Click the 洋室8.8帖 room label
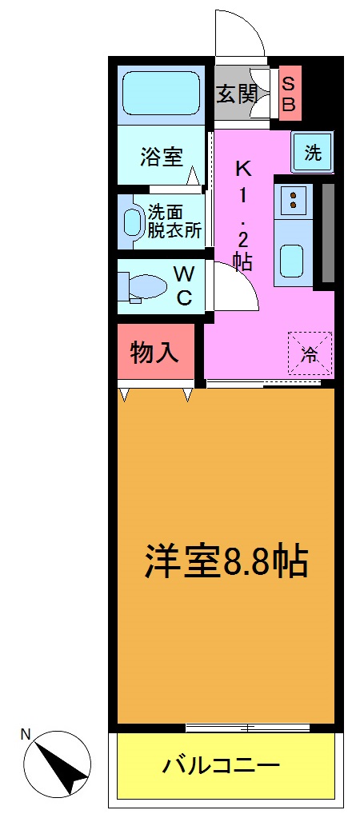click(x=226, y=561)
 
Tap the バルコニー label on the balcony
click(x=222, y=766)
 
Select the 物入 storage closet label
click(x=154, y=352)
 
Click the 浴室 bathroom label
click(x=162, y=156)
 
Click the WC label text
click(x=183, y=285)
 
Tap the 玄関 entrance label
click(x=237, y=94)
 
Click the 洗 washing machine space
click(x=313, y=153)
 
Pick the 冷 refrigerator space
click(x=309, y=353)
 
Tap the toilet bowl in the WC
click(x=146, y=286)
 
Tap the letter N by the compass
click(x=26, y=733)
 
